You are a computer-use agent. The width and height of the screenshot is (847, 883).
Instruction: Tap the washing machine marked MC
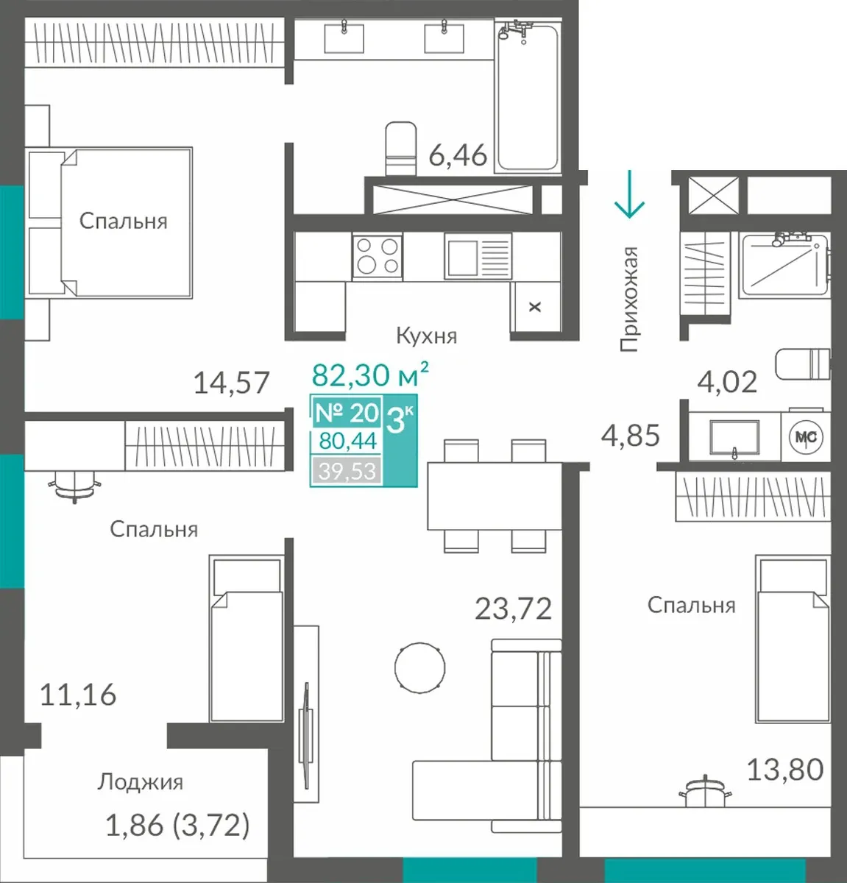pos(806,436)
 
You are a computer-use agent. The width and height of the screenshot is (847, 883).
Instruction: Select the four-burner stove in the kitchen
pos(377,256)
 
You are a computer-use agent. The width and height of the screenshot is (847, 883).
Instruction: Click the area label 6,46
pos(458,155)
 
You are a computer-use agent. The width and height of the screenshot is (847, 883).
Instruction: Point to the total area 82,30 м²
pos(370,375)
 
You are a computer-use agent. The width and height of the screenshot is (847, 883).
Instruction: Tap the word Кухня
pos(427,336)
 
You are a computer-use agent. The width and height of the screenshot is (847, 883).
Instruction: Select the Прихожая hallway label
pos(629,299)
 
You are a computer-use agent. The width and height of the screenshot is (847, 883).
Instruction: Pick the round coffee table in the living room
pos(419,667)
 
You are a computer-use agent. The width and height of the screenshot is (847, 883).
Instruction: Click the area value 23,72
pos(513,609)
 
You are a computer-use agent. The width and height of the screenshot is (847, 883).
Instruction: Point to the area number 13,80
pos(785,770)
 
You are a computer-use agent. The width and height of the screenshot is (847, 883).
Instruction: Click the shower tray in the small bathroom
pos(784,265)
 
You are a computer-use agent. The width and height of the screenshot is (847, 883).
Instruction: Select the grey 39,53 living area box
pos(347,471)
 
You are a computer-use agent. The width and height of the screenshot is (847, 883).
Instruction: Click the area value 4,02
pos(727,382)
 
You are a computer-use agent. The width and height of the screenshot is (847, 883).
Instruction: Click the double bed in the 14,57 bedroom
pos(110,222)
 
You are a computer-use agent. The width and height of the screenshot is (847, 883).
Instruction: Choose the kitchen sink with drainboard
pos(478,256)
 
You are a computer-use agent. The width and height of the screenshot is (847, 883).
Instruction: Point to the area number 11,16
pos(78,695)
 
